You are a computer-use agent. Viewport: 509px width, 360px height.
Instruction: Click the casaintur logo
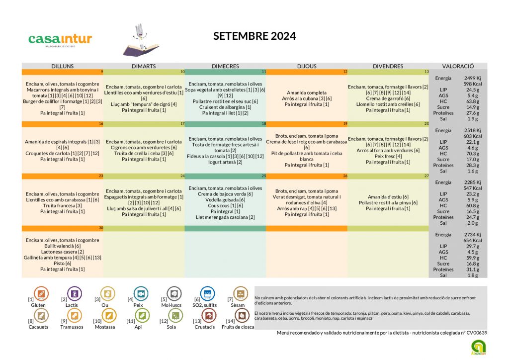[60, 39]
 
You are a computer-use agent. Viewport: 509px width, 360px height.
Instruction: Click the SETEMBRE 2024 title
[254, 36]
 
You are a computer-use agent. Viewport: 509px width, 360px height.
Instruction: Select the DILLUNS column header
[63, 66]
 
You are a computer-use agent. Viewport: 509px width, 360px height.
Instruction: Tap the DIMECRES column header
[225, 66]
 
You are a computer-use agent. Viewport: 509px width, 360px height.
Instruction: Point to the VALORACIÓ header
[458, 66]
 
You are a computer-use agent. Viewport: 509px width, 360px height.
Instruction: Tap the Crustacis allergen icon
[209, 316]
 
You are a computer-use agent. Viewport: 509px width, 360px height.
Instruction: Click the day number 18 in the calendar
[264, 123]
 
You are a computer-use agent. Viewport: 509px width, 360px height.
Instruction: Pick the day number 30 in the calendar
[101, 228]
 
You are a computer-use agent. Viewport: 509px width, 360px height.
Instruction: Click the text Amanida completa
[307, 92]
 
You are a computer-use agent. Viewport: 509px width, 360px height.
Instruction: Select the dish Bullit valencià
[63, 246]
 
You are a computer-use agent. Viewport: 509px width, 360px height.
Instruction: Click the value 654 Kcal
[470, 240]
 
